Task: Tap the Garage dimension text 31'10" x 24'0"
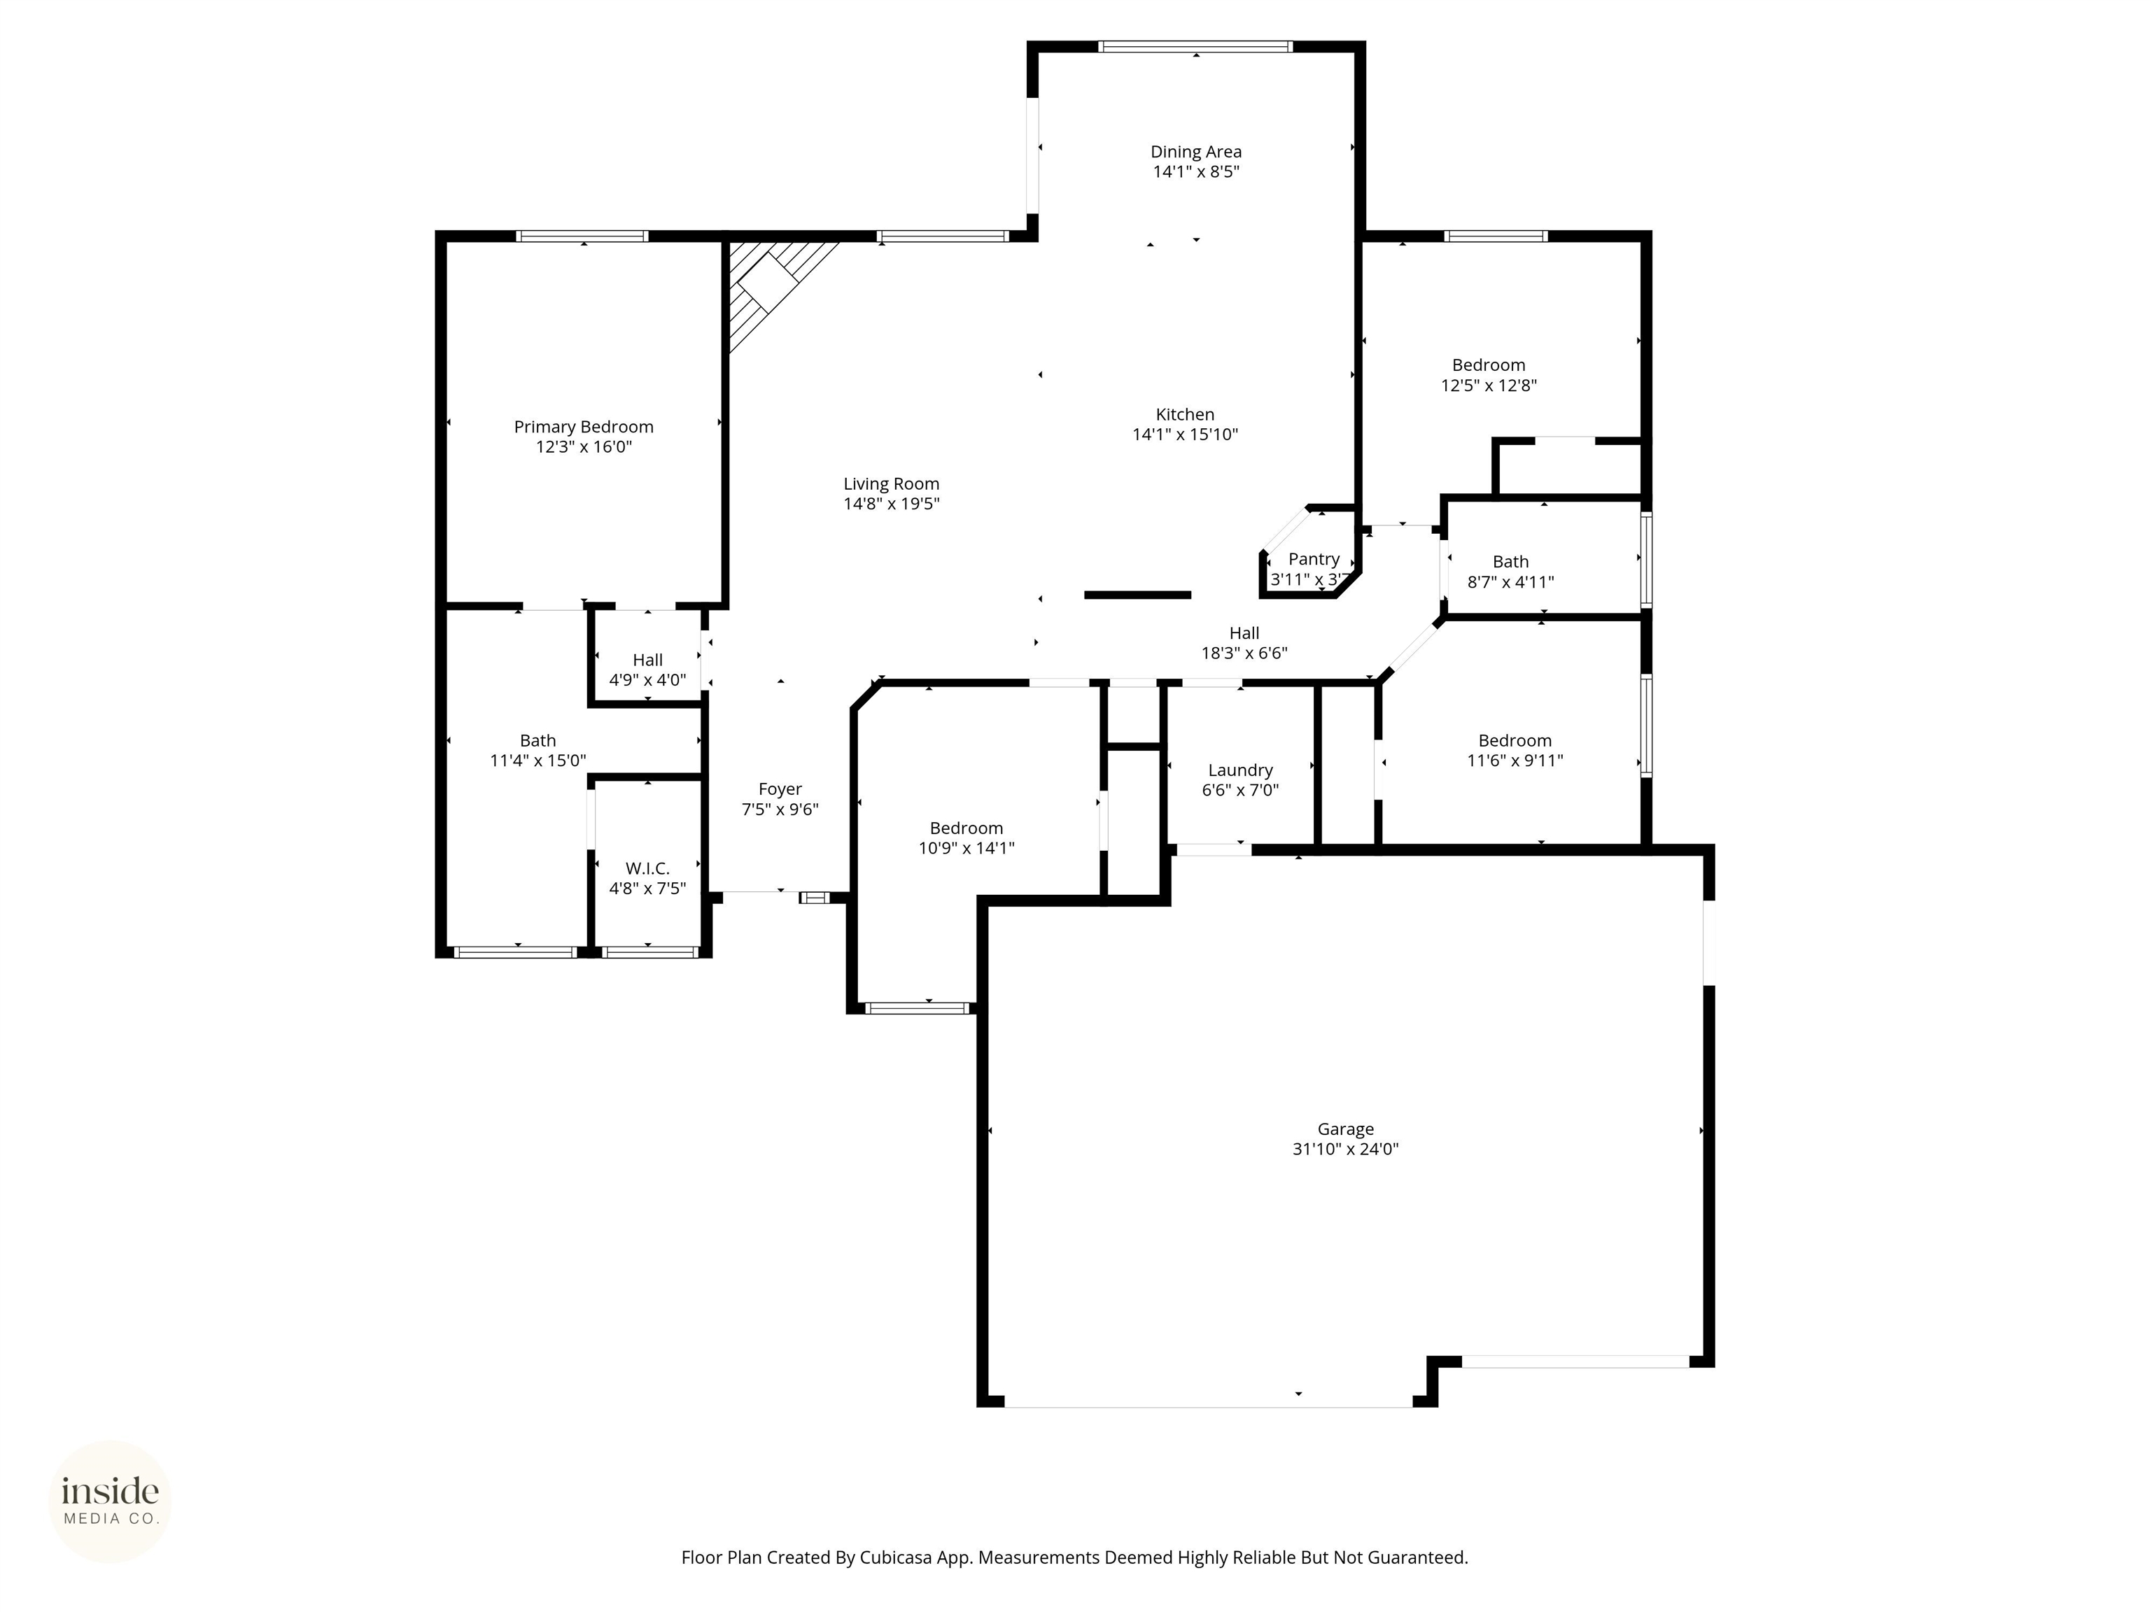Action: [x=1345, y=1149]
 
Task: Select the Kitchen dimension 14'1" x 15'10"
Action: [x=1185, y=434]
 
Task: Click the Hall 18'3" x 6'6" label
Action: [x=1244, y=643]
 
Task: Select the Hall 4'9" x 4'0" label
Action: [x=647, y=670]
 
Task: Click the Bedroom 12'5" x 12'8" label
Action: [x=1488, y=375]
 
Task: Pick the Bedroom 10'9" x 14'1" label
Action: [x=966, y=837]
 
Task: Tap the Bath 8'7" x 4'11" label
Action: [x=1510, y=572]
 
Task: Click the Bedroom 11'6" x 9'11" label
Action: [x=1515, y=750]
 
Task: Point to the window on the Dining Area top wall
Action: [x=1195, y=45]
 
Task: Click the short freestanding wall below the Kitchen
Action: [x=1137, y=595]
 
